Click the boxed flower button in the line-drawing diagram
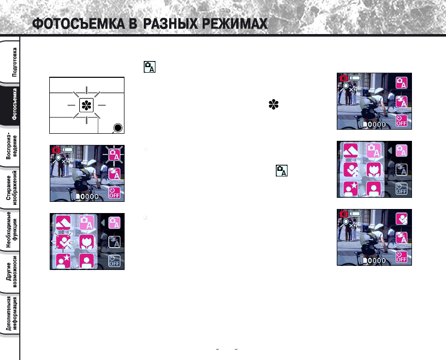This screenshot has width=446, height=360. [86, 105]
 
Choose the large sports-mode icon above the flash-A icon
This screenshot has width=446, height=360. [401, 219]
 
